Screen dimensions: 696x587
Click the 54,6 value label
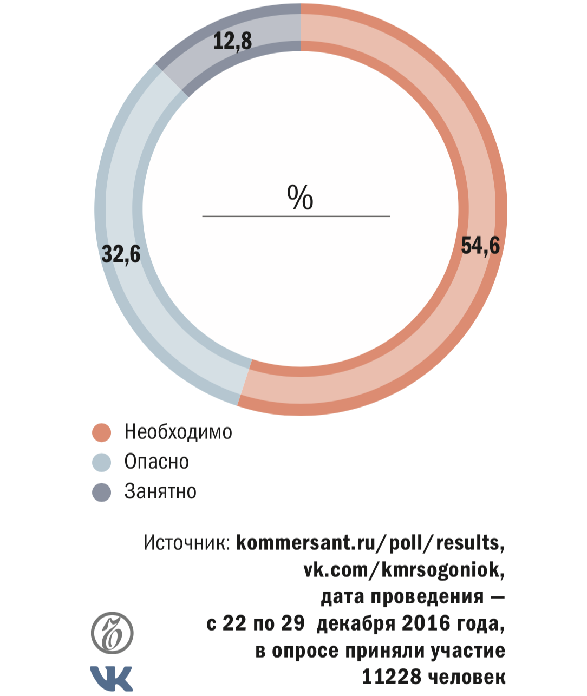pos(480,246)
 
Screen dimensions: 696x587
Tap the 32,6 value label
pos(121,254)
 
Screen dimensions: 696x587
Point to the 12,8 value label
pos(232,41)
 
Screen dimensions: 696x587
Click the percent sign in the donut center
pos(300,197)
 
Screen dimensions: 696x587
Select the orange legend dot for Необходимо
pos(102,432)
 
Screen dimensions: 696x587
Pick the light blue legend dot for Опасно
pos(102,462)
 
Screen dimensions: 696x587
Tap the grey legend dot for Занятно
pos(102,492)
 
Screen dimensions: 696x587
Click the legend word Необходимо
pos(178,432)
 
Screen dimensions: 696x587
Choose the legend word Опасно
pos(156,462)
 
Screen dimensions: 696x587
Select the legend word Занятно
pos(160,491)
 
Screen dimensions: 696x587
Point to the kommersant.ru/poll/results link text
pos(370,543)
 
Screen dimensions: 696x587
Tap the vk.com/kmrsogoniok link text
pos(404,570)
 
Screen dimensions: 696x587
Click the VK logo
pos(111,678)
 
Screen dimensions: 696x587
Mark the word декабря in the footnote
pos(356,623)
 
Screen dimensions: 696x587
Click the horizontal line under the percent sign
pos(296,216)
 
